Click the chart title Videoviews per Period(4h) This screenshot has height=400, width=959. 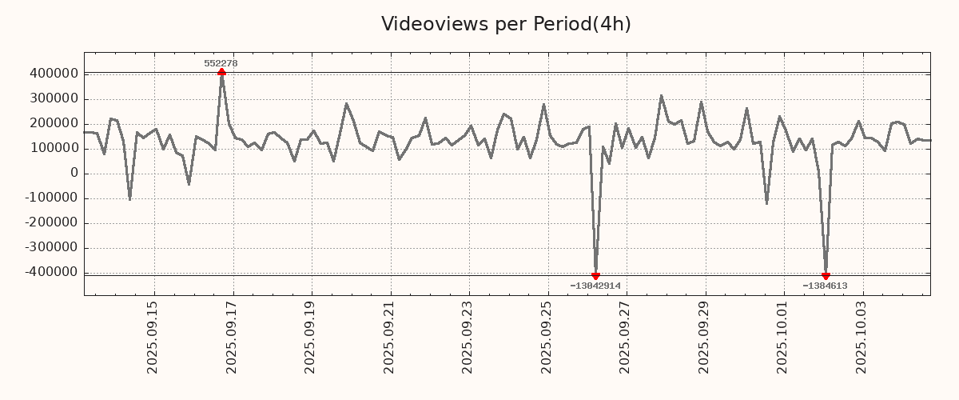click(506, 25)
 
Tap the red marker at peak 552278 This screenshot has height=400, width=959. click(221, 73)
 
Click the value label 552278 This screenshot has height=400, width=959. click(221, 63)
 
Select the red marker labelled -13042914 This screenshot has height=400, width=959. click(595, 276)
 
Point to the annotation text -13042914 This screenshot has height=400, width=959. click(595, 286)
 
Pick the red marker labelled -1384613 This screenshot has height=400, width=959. click(826, 276)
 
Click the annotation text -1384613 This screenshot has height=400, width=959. click(825, 286)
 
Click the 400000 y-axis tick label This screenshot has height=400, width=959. click(51, 74)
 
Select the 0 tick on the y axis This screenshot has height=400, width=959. click(74, 174)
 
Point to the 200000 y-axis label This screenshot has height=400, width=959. click(51, 124)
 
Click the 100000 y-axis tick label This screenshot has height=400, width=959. click(51, 149)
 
